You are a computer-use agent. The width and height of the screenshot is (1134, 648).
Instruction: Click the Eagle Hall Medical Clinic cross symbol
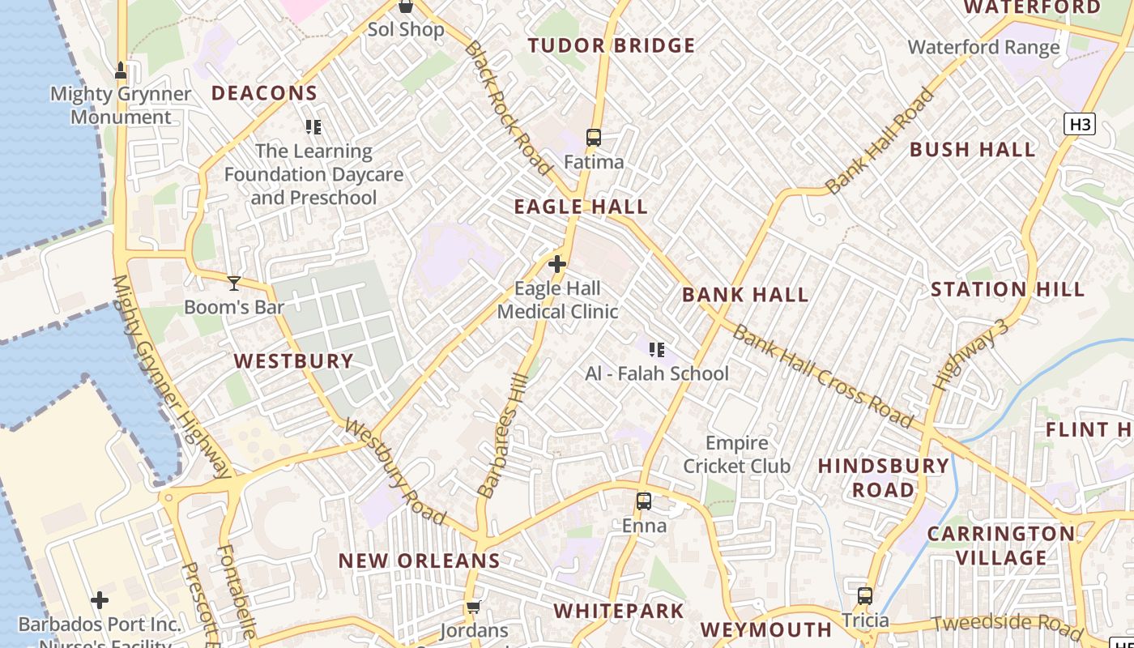click(557, 264)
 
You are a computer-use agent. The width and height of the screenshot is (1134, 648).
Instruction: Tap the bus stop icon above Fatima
click(594, 138)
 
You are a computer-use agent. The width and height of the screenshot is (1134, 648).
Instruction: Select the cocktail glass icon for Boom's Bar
click(234, 283)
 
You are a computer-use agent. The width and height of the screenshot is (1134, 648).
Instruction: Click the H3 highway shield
click(1080, 124)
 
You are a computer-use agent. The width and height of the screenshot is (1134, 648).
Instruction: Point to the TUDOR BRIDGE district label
click(612, 45)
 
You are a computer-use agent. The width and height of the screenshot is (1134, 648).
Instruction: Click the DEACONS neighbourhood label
click(264, 93)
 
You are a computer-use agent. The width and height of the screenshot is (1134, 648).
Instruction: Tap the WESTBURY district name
click(294, 361)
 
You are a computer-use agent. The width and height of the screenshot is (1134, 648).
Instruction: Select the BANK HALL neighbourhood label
click(745, 295)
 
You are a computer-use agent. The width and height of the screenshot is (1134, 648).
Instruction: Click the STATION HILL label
click(1007, 289)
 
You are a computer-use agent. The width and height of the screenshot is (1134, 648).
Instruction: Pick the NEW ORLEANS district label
click(419, 561)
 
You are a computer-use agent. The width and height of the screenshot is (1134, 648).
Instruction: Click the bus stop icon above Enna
click(644, 501)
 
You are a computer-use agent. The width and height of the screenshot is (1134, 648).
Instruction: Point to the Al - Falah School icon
click(657, 350)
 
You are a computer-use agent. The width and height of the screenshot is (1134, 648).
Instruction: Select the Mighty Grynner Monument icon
click(121, 70)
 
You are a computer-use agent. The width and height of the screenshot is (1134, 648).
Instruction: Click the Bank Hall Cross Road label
click(823, 377)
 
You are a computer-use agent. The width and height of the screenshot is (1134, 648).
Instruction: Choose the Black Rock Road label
click(506, 108)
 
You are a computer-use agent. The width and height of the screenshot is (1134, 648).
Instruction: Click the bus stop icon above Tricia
click(865, 596)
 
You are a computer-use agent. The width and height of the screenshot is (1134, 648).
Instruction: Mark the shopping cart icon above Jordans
click(474, 607)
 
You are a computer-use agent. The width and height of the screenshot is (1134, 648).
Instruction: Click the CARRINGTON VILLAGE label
click(1001, 546)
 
